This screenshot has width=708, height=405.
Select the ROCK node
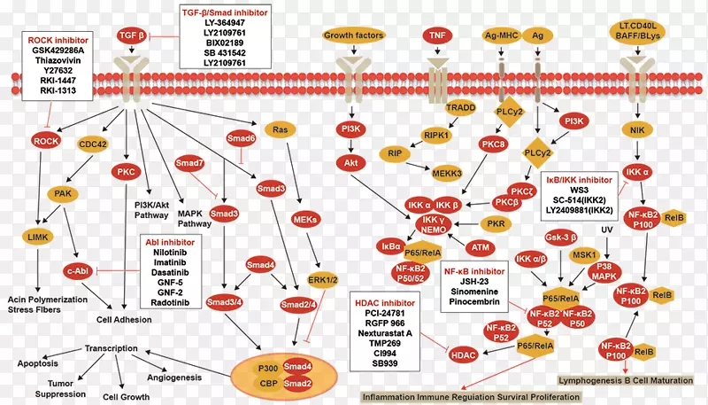pos(44,142)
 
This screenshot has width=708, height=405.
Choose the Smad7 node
pos(189,164)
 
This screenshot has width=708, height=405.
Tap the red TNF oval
pos(435,36)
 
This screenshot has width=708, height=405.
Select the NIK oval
pos(635,129)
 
